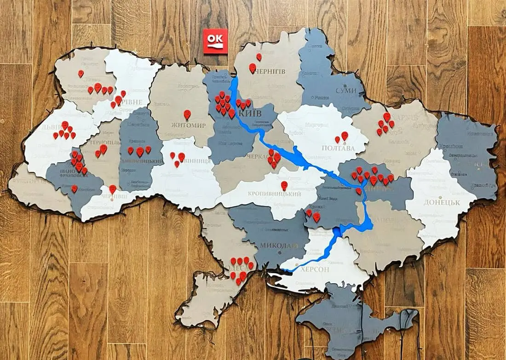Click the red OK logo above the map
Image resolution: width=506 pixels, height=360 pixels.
point(215,41)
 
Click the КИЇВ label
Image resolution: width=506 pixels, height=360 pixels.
point(251,113)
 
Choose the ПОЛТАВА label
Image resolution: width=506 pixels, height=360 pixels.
point(338,148)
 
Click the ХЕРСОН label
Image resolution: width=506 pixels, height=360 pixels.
point(315,269)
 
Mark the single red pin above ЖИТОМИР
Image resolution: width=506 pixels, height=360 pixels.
point(187,114)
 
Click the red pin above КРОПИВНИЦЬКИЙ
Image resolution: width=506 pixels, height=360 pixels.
point(284,185)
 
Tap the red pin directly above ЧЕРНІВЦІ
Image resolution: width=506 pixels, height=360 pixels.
point(113,189)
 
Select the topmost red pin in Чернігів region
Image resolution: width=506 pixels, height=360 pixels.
point(259,57)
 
